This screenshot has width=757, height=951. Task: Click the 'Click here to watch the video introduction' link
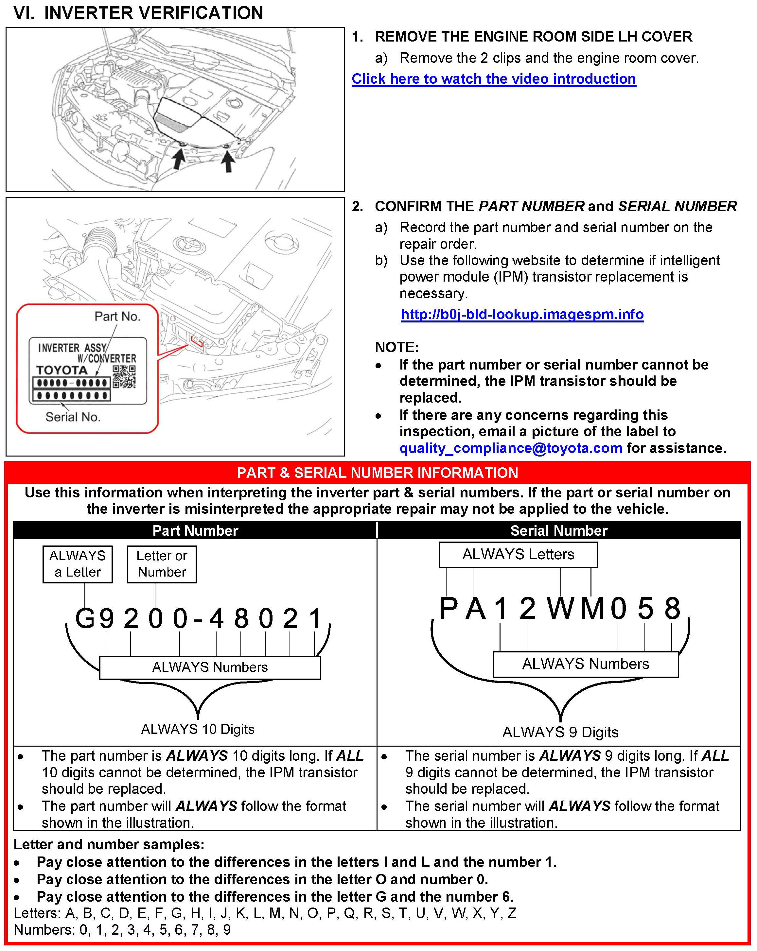[x=493, y=79]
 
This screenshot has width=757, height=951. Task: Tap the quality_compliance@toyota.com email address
[x=510, y=448]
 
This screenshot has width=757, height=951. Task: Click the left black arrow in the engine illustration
[x=178, y=159]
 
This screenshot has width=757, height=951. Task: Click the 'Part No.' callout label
[x=117, y=316]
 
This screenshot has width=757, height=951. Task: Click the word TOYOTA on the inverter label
[x=62, y=370]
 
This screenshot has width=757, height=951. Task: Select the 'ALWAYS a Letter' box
[x=78, y=564]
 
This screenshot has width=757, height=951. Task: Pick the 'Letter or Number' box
[x=162, y=564]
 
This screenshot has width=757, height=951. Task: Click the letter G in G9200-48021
[x=85, y=618]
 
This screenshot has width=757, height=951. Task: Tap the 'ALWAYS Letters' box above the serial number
[x=518, y=554]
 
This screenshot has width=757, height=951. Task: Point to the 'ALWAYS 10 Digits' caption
[x=198, y=729]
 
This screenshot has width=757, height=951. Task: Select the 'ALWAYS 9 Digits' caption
[x=560, y=732]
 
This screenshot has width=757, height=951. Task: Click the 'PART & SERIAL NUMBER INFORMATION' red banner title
[x=377, y=473]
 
